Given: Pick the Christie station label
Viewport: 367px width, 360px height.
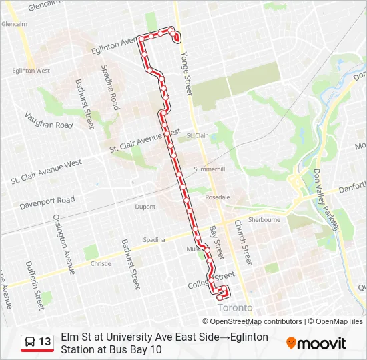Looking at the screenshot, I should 101,263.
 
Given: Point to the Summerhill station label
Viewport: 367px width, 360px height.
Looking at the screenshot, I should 210,169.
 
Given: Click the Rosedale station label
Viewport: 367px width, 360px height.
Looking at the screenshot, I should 218,197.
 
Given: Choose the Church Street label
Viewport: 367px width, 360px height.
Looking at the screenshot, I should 241,243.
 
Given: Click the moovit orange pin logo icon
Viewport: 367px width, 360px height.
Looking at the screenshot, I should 291,343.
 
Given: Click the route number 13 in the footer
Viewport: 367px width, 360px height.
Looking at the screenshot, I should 45,342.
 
